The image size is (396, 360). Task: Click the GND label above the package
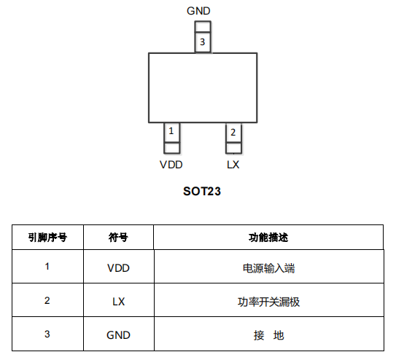pos(198,11)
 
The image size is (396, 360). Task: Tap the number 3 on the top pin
pos(202,42)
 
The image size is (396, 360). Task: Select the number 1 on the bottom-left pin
pos(171,131)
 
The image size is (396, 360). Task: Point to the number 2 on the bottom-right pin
pos(233,132)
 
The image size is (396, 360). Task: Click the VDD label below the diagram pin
pos(171,165)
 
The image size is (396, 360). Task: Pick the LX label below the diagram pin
pos(233,165)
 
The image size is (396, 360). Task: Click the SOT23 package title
pos(202,191)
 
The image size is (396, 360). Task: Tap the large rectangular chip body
pos(203,87)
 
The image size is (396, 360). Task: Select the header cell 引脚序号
pos(47,238)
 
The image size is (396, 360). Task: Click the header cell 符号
pos(118,238)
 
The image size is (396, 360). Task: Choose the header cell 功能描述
pos(268,238)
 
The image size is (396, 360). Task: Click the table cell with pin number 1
pos(47,267)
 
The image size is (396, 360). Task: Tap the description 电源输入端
pos(268,268)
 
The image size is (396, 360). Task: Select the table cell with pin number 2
pos(47,300)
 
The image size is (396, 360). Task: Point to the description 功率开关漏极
pos(268,302)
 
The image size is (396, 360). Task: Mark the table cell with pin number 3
pos(47,334)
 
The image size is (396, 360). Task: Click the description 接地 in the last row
pos(268,335)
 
